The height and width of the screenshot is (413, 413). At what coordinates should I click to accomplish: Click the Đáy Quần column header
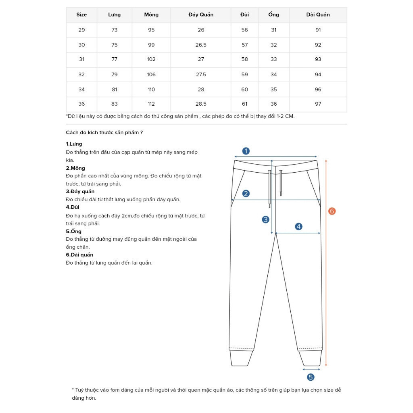[x=201, y=15]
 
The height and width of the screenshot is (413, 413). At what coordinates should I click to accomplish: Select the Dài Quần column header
[x=318, y=15]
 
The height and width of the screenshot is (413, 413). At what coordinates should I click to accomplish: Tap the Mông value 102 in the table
[x=151, y=59]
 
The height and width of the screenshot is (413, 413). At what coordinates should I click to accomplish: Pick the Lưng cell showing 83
[x=115, y=104]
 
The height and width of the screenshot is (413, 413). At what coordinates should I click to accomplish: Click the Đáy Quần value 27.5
[x=201, y=75]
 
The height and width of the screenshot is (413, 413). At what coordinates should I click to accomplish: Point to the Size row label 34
[x=82, y=90]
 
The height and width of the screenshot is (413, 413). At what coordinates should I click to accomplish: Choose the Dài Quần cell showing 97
[x=318, y=104]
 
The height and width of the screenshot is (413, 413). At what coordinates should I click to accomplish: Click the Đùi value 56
[x=245, y=30]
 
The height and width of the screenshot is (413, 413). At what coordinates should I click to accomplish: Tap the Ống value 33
[x=273, y=59]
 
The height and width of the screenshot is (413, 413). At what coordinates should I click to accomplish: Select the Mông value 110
[x=151, y=90]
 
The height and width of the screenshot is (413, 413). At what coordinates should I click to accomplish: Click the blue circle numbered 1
[x=246, y=151]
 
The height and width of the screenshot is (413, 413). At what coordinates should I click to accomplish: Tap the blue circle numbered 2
[x=246, y=194]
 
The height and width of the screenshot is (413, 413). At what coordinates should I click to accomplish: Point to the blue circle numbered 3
[x=265, y=219]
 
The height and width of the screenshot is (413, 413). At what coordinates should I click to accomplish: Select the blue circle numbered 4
[x=298, y=227]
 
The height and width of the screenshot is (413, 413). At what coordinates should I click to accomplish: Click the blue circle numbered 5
[x=311, y=377]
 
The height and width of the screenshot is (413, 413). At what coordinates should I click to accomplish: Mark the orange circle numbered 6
[x=332, y=211]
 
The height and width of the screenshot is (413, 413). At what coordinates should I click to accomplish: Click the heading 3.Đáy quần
[x=80, y=192]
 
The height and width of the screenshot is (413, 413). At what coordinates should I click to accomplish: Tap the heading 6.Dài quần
[x=79, y=255]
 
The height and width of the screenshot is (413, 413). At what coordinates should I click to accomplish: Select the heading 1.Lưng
[x=74, y=144]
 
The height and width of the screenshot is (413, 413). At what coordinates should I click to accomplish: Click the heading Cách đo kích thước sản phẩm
[x=104, y=132]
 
